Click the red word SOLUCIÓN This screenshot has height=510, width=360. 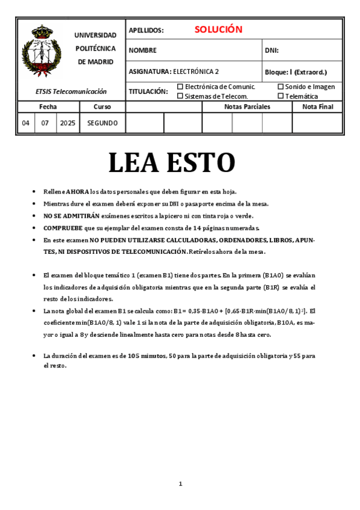[x=218, y=29]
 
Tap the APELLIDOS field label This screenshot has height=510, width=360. [x=146, y=30]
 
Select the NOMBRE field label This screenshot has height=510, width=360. [x=142, y=51]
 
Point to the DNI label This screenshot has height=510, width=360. [x=272, y=51]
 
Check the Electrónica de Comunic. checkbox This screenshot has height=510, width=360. [x=180, y=87]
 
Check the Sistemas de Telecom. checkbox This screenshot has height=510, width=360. [x=180, y=96]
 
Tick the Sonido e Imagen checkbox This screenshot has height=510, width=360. [x=281, y=87]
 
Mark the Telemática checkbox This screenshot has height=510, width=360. [x=281, y=96]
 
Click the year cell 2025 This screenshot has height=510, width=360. [x=68, y=123]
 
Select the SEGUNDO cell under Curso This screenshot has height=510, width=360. [x=102, y=123]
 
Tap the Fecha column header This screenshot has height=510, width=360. [x=48, y=106]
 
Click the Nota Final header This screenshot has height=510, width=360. [x=317, y=106]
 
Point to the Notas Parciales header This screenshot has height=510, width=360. [x=247, y=106]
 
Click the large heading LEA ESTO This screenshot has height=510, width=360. [x=171, y=162]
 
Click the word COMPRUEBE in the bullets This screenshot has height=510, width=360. [x=63, y=228]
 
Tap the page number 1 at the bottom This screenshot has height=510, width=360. [x=180, y=484]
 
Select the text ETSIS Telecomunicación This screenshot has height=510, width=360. [x=71, y=91]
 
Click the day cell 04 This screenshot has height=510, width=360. [x=25, y=123]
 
